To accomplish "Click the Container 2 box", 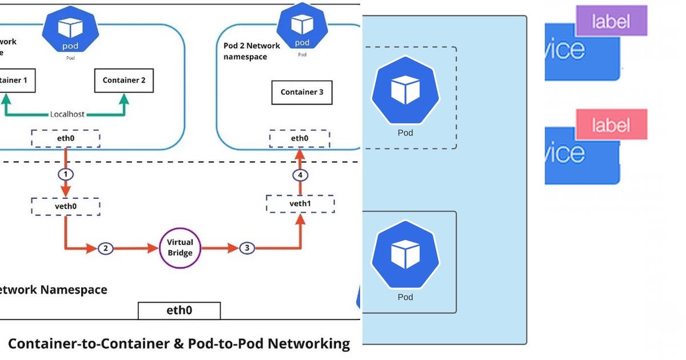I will (x=124, y=81).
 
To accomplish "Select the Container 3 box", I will (x=302, y=92).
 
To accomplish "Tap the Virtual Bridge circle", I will (x=180, y=248).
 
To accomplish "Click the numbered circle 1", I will (x=66, y=174).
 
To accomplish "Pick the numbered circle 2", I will (x=105, y=248).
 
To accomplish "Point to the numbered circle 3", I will (x=247, y=248).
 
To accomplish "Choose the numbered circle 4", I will (x=300, y=175).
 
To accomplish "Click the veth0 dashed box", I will (x=65, y=206).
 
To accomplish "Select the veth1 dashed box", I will (x=300, y=203).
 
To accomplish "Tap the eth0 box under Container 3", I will (x=300, y=138).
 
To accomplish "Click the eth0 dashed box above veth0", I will (x=65, y=138).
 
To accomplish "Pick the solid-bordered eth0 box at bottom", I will (x=179, y=310).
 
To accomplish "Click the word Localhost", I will (x=67, y=114).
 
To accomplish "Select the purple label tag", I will (x=611, y=22).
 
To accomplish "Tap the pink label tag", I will (x=611, y=125).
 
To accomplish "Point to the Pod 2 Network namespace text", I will (x=252, y=51).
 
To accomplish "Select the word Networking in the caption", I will (x=309, y=343).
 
